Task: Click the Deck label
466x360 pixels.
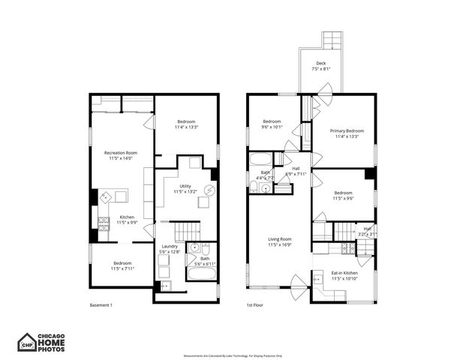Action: point(321,64)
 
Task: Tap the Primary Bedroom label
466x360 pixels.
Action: point(347,130)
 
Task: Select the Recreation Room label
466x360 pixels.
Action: point(121,153)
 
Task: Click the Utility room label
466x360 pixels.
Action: point(185,186)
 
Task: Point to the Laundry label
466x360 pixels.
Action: point(170,246)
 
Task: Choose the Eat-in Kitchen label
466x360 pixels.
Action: point(344,273)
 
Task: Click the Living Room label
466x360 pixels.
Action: point(279,239)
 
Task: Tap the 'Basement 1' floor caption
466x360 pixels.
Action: point(101,305)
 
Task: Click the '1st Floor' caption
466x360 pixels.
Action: point(255,305)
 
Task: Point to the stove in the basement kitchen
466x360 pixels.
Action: point(104,222)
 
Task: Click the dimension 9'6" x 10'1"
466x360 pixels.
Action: point(272,127)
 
